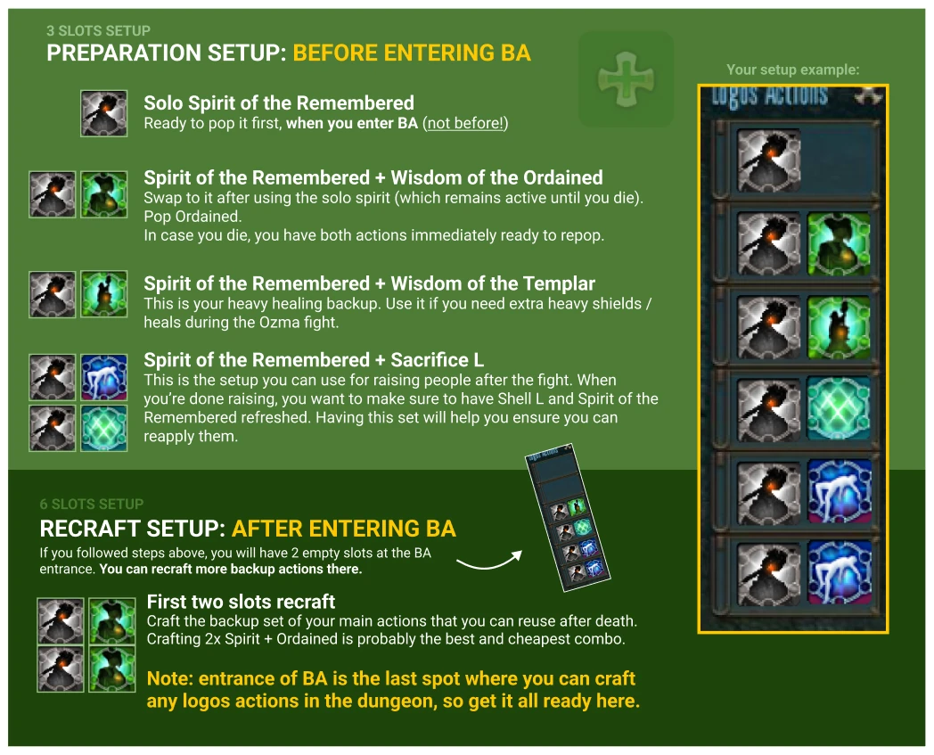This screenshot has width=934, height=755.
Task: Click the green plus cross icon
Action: pos(626,79)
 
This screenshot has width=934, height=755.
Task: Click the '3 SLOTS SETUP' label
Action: pos(98,31)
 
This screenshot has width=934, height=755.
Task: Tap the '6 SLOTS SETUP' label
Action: pos(92,505)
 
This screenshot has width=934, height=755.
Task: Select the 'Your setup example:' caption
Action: pos(793,70)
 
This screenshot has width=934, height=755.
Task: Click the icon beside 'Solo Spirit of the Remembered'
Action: pos(104,113)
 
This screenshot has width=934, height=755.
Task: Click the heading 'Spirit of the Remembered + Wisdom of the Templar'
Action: pos(369,283)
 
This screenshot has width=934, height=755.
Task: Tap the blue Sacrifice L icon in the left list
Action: pos(104,377)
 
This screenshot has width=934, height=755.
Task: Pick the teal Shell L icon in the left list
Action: pos(104,428)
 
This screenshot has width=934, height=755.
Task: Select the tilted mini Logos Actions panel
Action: pos(567,517)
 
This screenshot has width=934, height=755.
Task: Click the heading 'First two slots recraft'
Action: pos(242,602)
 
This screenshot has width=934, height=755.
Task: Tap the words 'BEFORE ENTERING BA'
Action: pos(412,53)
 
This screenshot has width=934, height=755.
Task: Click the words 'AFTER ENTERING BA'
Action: pos(344,529)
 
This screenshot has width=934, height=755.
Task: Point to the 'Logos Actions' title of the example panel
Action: pos(770,95)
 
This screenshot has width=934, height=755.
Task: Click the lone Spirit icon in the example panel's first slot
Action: pos(768,160)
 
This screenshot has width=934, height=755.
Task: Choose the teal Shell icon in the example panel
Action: pos(839,407)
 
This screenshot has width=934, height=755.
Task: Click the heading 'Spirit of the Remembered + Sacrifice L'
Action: pos(314,360)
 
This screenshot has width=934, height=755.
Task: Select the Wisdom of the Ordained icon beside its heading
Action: pos(104,194)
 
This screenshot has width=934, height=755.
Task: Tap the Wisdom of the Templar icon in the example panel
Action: pos(839,327)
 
